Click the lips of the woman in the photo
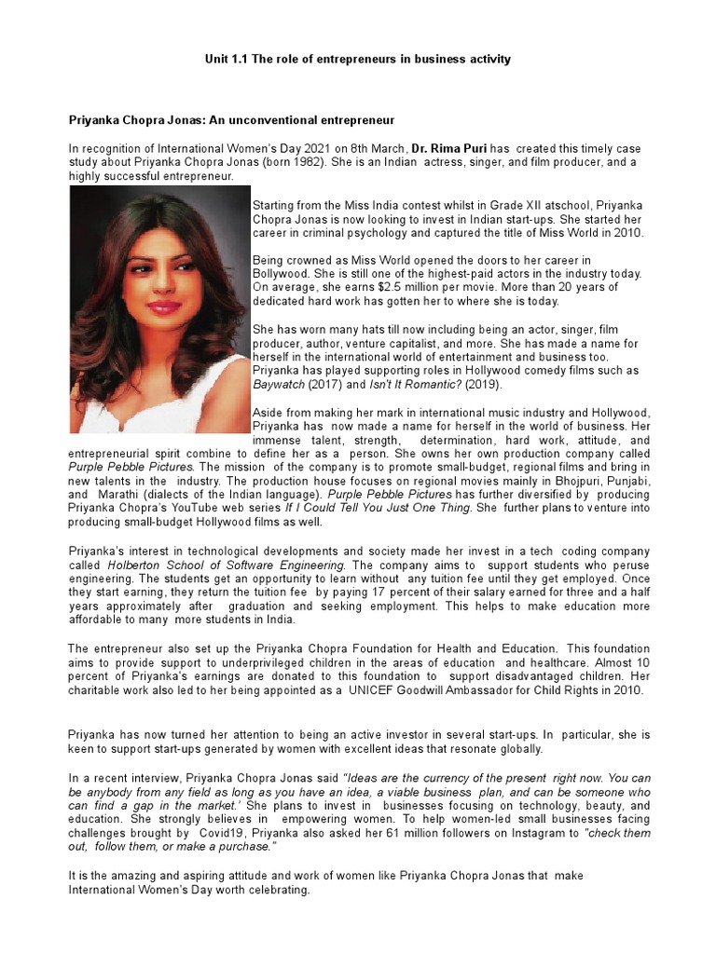(162, 306)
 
